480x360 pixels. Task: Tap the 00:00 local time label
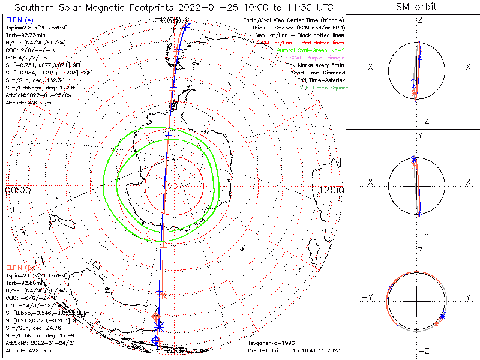tap(17, 190)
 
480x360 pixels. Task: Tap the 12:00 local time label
tap(332, 190)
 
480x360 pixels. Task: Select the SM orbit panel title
tap(416, 7)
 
